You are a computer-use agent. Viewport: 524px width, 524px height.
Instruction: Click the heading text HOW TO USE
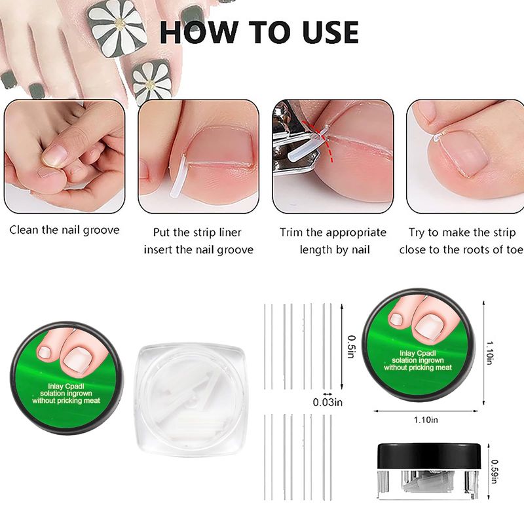point(259,32)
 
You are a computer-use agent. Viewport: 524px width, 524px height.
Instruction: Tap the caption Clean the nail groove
point(64,231)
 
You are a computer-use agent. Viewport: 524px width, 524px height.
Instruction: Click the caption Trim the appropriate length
point(333,241)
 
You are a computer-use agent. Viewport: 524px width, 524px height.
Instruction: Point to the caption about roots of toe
point(461,241)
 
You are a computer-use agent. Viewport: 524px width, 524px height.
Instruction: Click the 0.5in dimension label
point(351,346)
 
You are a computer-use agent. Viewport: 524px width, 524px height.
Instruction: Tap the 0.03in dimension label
point(327,402)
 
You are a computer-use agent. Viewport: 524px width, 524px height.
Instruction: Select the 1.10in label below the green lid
point(426,420)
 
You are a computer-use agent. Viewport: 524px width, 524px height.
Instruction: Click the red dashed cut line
point(326,142)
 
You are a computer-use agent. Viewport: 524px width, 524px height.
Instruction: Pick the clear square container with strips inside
point(190,400)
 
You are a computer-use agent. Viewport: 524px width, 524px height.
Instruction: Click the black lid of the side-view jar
point(429,456)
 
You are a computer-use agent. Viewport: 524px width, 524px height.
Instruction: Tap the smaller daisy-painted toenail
point(151,80)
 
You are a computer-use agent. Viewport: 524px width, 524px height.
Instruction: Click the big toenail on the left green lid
point(79,360)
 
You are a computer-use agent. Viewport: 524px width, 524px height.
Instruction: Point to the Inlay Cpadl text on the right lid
point(418,353)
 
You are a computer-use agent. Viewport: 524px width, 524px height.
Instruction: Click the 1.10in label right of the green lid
point(490,353)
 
